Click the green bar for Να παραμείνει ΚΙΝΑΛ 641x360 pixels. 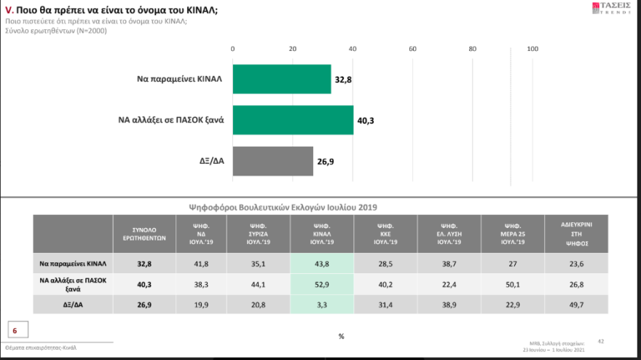click(x=282, y=79)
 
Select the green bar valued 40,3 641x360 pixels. click(x=293, y=120)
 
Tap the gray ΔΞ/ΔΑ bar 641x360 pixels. click(x=272, y=161)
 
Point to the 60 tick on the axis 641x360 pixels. click(x=412, y=49)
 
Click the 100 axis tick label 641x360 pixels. click(x=532, y=49)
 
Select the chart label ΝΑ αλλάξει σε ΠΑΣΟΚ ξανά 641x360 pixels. click(x=172, y=120)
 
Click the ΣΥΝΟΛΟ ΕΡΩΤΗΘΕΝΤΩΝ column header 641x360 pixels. click(x=144, y=234)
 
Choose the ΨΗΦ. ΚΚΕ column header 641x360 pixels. click(x=384, y=234)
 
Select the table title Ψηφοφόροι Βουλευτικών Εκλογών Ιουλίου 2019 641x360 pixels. click(x=283, y=207)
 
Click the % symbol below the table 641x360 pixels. click(x=341, y=336)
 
